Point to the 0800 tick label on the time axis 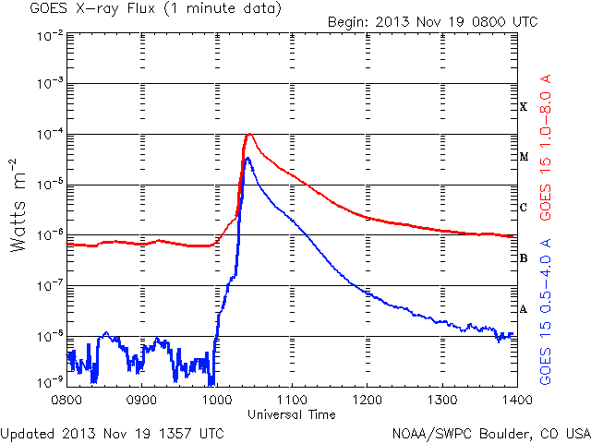click(x=66, y=400)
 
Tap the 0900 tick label click(x=141, y=400)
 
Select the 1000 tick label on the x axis click(x=216, y=400)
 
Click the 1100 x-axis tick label click(x=292, y=400)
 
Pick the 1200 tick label click(x=367, y=400)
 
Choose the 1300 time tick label click(x=441, y=400)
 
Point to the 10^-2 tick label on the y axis click(x=48, y=34)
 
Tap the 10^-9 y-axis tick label click(x=48, y=379)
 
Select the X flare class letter click(x=523, y=107)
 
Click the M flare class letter click(x=523, y=157)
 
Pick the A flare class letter click(x=523, y=309)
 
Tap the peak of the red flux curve click(x=248, y=135)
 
